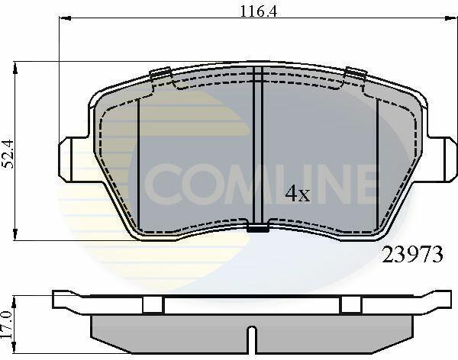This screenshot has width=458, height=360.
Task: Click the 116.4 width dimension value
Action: [258, 11]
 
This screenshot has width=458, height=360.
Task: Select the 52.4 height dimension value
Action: [8, 154]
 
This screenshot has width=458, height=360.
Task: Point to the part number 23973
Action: [413, 254]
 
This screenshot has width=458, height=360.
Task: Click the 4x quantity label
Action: [298, 193]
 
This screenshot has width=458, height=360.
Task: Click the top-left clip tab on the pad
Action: [160, 72]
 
